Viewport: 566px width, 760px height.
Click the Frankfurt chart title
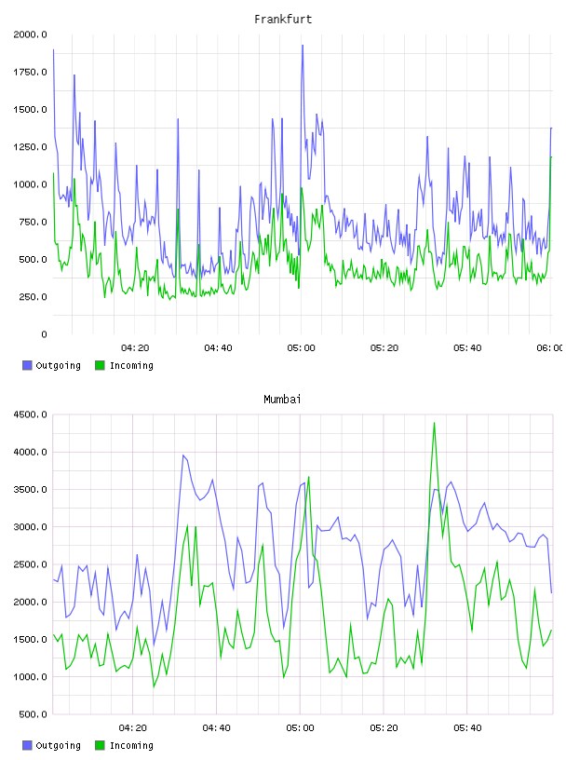pyautogui.click(x=283, y=20)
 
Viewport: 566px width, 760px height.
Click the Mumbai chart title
pyautogui.click(x=282, y=400)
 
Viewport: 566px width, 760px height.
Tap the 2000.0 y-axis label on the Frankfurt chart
pyautogui.click(x=30, y=34)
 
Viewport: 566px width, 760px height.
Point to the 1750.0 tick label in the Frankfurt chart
pyautogui.click(x=30, y=73)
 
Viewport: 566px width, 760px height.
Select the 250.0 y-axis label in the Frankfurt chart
pyautogui.click(x=33, y=297)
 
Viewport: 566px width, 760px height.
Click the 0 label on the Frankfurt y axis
pyautogui.click(x=44, y=334)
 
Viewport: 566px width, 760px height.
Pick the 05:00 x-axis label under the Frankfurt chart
pyautogui.click(x=301, y=348)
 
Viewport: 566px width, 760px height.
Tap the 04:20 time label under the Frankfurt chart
pyautogui.click(x=135, y=348)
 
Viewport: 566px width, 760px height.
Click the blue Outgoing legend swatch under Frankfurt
pyautogui.click(x=27, y=365)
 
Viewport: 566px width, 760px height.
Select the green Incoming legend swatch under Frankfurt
pyautogui.click(x=100, y=365)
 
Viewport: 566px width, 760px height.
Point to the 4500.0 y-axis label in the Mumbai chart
pyautogui.click(x=30, y=414)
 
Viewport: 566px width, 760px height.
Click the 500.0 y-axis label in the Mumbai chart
pyautogui.click(x=33, y=714)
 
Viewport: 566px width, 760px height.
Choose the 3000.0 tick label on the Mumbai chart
pyautogui.click(x=30, y=527)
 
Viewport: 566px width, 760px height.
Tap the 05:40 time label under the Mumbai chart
pyautogui.click(x=467, y=728)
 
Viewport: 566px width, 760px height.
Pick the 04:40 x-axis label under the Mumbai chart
pyautogui.click(x=217, y=728)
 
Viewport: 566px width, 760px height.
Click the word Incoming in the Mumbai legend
pyautogui.click(x=131, y=745)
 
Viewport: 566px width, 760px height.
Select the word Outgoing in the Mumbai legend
pyautogui.click(x=58, y=745)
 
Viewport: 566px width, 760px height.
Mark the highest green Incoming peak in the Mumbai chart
pyautogui.click(x=434, y=423)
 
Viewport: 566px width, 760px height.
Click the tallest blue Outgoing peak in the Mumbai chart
pyautogui.click(x=183, y=455)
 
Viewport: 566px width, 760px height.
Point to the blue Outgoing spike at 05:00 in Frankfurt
pyautogui.click(x=303, y=46)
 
